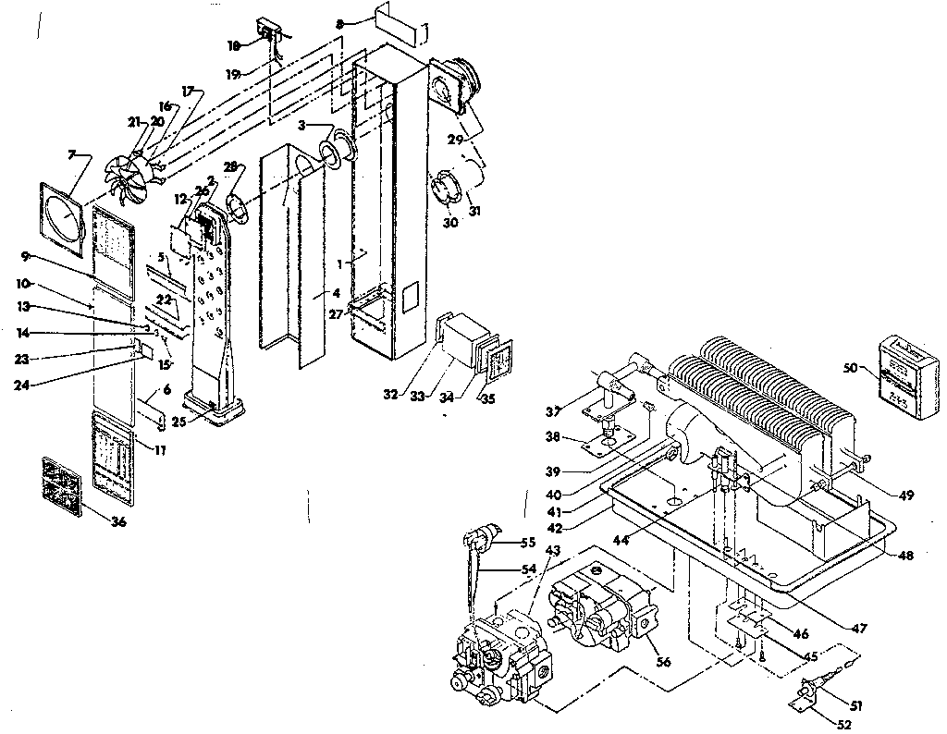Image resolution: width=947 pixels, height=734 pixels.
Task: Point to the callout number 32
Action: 390,395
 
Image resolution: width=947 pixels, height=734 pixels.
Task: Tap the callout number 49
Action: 906,496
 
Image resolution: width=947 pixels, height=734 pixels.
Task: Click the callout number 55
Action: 529,543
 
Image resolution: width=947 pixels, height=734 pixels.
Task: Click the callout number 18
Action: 234,44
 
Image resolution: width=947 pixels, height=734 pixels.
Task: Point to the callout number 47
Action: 861,628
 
